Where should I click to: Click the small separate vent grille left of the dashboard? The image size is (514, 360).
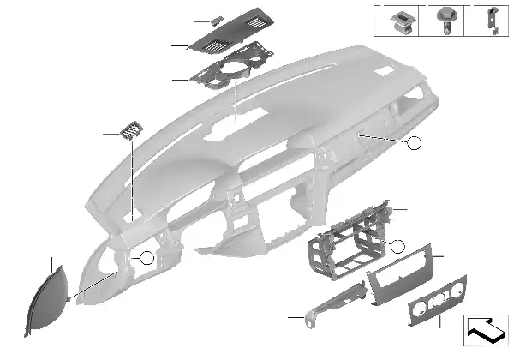(132, 131)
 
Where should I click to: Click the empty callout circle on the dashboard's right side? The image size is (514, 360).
(415, 143)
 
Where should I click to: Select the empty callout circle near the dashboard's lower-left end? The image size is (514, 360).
(146, 257)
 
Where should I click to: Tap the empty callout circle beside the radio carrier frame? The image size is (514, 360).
(397, 247)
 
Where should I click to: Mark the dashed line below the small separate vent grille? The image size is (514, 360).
(134, 180)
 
